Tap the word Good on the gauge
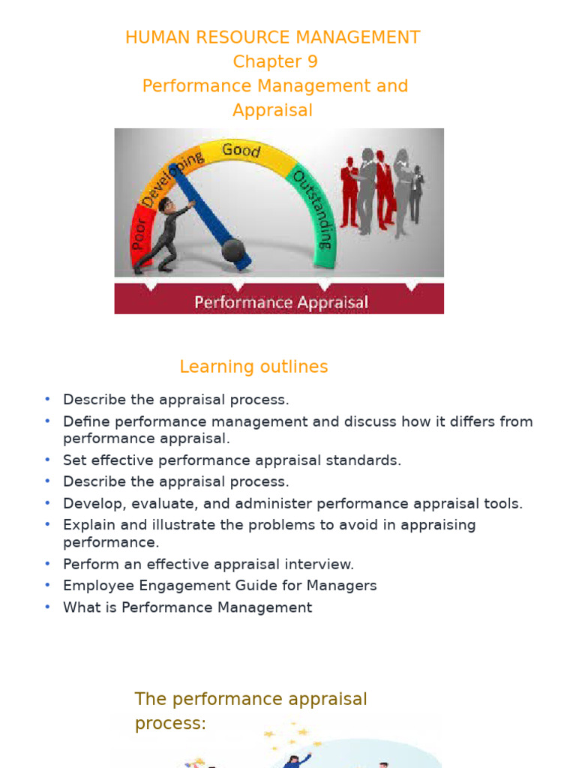pyautogui.click(x=241, y=150)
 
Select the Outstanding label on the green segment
pyautogui.click(x=311, y=209)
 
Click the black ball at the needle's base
pyautogui.click(x=232, y=250)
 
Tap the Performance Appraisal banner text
pyautogui.click(x=281, y=302)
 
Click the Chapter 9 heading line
pyautogui.click(x=274, y=61)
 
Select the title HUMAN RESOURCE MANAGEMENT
pyautogui.click(x=273, y=37)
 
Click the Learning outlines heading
pyautogui.click(x=253, y=367)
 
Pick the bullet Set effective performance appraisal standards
pyautogui.click(x=232, y=460)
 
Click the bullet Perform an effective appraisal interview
pyautogui.click(x=208, y=564)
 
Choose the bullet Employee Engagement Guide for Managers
pyautogui.click(x=219, y=586)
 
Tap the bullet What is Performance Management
pyautogui.click(x=187, y=607)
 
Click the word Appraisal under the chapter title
pyautogui.click(x=272, y=110)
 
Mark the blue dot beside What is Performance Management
pyautogui.click(x=47, y=607)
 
